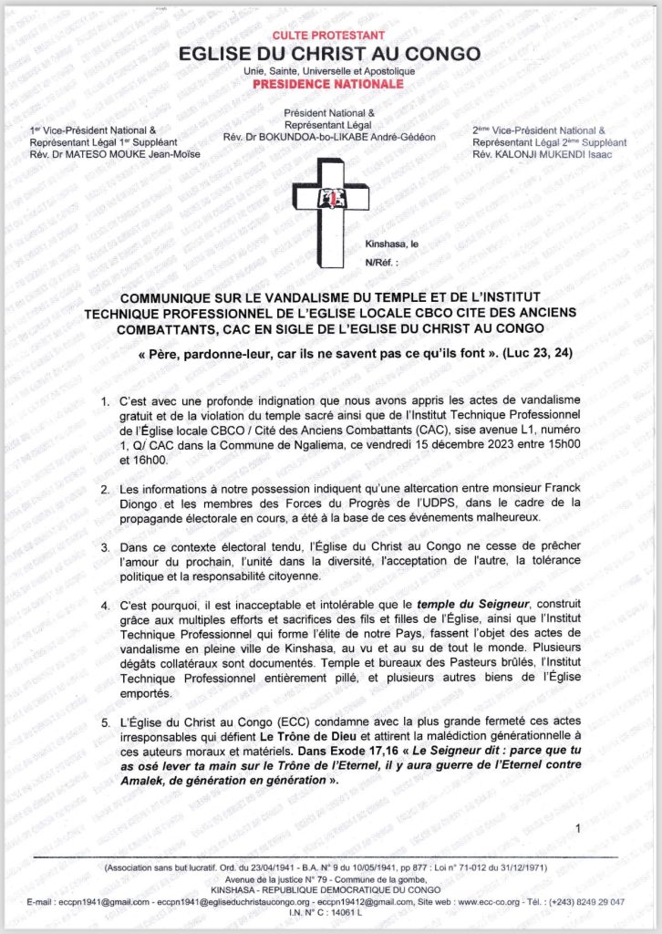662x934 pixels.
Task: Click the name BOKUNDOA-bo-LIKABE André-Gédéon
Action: (359, 137)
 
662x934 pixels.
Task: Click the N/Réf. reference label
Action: (381, 261)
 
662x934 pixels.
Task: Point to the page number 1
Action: (578, 827)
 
